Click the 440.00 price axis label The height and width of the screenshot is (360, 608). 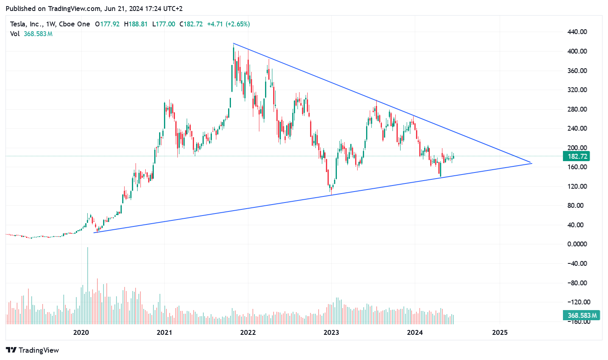[x=577, y=32]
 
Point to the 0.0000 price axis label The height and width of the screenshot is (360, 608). [x=577, y=244]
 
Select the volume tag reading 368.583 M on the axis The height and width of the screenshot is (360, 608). [x=582, y=315]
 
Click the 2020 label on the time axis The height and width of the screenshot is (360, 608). [x=81, y=333]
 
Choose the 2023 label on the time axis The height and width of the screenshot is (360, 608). [x=331, y=333]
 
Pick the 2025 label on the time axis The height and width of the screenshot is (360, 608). [x=500, y=333]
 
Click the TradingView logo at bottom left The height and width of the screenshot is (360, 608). [x=32, y=350]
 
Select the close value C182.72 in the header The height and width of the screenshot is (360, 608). [x=191, y=24]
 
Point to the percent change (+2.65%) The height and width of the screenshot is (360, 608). [x=237, y=24]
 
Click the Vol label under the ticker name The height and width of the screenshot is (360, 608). [x=15, y=34]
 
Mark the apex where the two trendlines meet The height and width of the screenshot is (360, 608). [x=531, y=163]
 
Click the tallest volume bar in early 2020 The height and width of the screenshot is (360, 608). [x=87, y=284]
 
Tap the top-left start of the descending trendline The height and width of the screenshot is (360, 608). [x=233, y=43]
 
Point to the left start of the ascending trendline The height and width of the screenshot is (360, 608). [x=94, y=233]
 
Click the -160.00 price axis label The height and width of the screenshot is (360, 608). [x=577, y=321]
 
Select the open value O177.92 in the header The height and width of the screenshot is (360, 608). [x=107, y=24]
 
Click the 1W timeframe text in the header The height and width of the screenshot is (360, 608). [x=50, y=24]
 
